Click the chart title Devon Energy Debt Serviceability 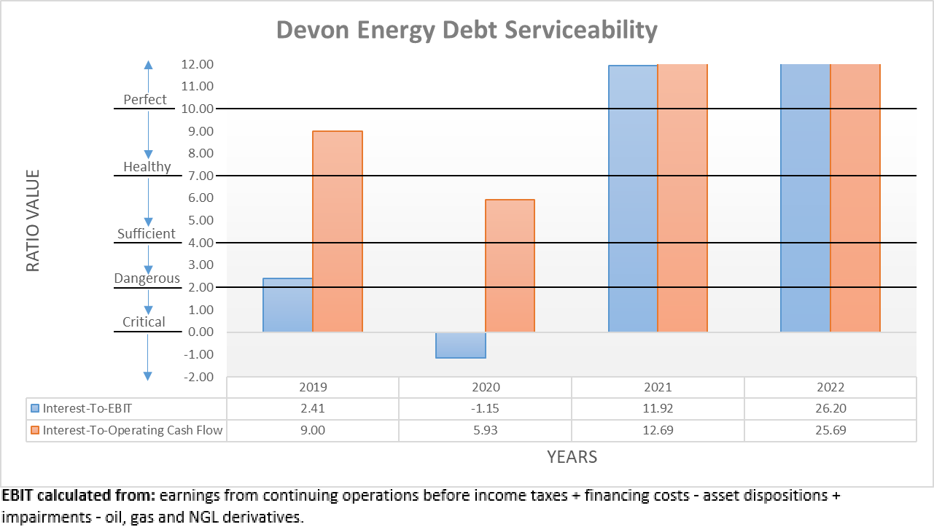[x=467, y=31]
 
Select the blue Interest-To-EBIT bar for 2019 [x=287, y=305]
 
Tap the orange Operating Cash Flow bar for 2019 [x=338, y=232]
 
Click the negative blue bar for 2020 [x=461, y=345]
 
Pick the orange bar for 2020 [x=510, y=266]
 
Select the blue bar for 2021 [x=633, y=198]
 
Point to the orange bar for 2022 [x=855, y=198]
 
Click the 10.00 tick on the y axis [x=195, y=109]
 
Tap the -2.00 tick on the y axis [x=195, y=377]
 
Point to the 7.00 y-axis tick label [x=195, y=176]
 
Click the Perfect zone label [x=145, y=100]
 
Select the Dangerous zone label [x=147, y=278]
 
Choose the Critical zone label [x=144, y=322]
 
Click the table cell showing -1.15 [x=485, y=408]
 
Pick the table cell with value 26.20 [x=830, y=408]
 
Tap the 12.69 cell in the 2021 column [x=658, y=430]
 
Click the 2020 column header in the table [x=485, y=387]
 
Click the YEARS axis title [x=572, y=457]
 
